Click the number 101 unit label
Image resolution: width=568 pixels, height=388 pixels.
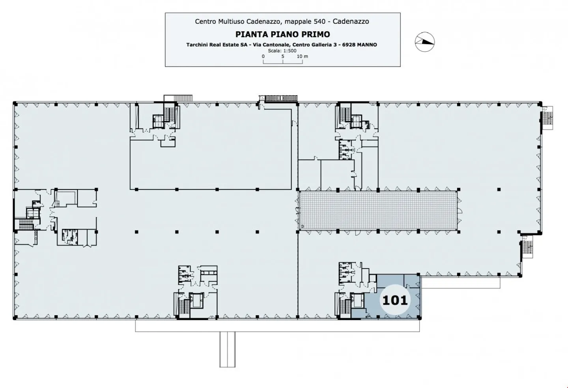pyautogui.click(x=395, y=300)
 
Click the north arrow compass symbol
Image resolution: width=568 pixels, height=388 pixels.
pyautogui.click(x=424, y=41)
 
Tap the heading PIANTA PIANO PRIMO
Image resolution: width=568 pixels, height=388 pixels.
pyautogui.click(x=282, y=34)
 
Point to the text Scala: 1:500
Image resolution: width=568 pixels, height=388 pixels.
pyautogui.click(x=282, y=51)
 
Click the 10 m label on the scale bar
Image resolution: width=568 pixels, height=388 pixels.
pyautogui.click(x=302, y=56)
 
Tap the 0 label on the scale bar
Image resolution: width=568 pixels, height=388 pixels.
pyautogui.click(x=263, y=56)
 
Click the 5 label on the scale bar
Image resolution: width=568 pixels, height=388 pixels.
pyautogui.click(x=283, y=56)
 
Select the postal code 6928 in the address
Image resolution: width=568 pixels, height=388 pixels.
pyautogui.click(x=348, y=45)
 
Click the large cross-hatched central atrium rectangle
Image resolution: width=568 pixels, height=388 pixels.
pyautogui.click(x=378, y=211)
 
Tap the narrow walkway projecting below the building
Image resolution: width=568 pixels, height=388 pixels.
pyautogui.click(x=227, y=349)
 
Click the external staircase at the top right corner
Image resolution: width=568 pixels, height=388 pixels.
pyautogui.click(x=548, y=118)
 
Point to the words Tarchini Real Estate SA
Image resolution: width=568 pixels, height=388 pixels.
pyautogui.click(x=217, y=45)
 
